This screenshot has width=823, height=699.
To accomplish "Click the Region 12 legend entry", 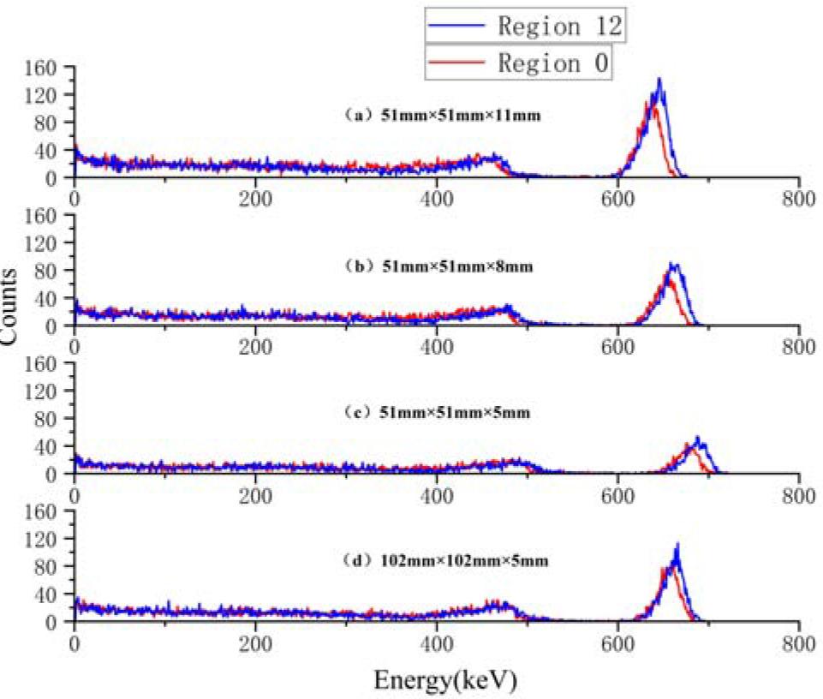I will [525, 26].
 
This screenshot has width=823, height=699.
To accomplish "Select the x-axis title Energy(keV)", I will [444, 681].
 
